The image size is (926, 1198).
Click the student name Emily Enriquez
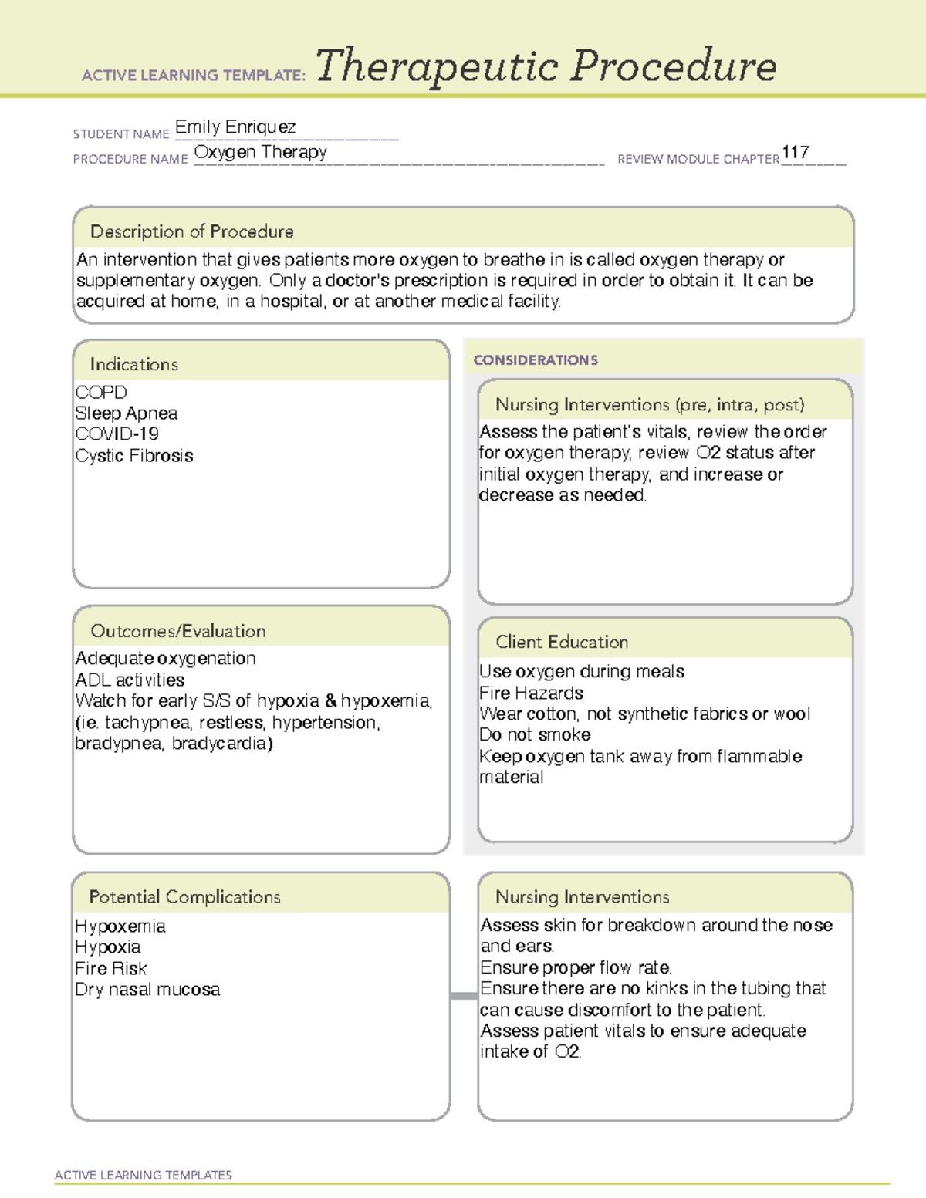point(235,127)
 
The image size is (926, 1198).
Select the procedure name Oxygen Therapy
point(261,153)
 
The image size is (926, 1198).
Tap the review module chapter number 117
point(795,153)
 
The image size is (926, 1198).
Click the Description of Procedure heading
point(192,231)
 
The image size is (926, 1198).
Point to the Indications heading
point(134,364)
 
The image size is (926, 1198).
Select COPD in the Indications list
point(101,393)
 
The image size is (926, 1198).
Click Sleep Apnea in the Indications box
point(127,413)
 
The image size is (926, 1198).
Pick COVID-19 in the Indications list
point(117,434)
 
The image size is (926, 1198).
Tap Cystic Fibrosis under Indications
point(134,456)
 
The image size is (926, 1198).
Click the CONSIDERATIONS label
point(536,360)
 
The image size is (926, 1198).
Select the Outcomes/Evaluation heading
point(178,631)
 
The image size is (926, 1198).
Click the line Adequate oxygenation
point(166,659)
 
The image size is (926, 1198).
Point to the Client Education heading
point(562,642)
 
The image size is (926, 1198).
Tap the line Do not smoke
point(535,735)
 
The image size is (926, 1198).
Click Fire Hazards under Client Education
point(531,693)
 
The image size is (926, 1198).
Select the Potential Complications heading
point(185,897)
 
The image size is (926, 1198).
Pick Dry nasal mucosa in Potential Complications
point(147,990)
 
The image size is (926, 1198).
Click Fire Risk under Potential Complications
point(111,969)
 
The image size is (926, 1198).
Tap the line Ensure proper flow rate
point(576,968)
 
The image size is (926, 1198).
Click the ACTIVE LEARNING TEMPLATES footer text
point(144,1175)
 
